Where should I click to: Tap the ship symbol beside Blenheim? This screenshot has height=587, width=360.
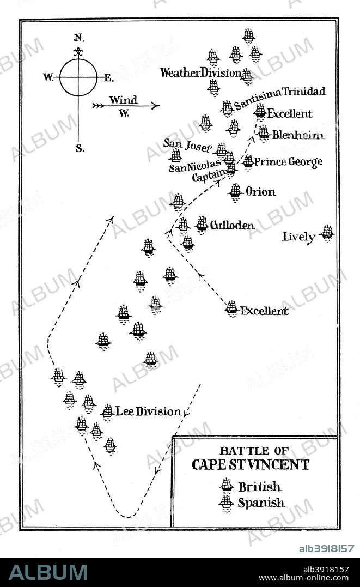[x=264, y=134]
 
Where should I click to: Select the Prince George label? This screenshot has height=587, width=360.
[x=288, y=162]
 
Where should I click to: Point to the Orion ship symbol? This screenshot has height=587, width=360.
[x=235, y=192]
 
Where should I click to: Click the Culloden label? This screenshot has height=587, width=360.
[x=233, y=225]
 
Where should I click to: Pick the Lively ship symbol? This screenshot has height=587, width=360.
[x=327, y=233]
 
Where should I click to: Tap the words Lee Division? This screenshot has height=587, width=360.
[x=148, y=411]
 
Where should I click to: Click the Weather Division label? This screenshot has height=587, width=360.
[x=200, y=72]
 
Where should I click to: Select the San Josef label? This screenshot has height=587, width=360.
[x=187, y=146]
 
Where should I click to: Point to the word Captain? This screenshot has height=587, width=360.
[x=209, y=174]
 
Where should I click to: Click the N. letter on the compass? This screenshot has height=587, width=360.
[x=79, y=38]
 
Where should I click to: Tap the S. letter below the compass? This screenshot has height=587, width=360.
[x=80, y=149]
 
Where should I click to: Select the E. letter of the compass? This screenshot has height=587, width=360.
[x=108, y=78]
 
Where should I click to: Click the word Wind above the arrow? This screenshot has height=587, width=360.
[x=124, y=100]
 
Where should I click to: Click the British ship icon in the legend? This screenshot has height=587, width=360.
[x=227, y=486]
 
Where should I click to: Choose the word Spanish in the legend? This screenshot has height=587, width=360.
[x=261, y=503]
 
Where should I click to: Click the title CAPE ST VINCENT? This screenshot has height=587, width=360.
[x=251, y=465]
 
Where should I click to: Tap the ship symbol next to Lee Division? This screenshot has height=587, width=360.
[x=107, y=412]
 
